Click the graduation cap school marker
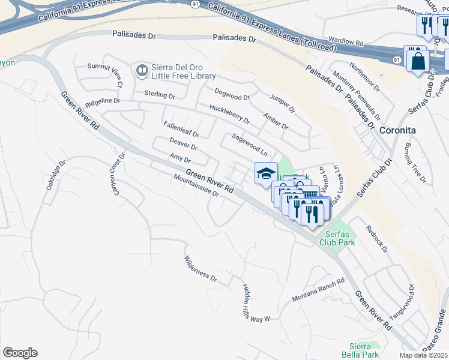266,174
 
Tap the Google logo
20,352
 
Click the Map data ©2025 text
424,355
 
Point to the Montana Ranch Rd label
318,290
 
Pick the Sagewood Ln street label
249,145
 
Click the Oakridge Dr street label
56,176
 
